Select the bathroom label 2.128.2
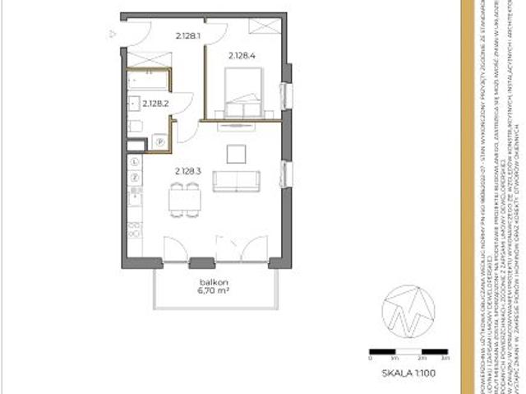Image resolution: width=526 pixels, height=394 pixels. click(155, 104)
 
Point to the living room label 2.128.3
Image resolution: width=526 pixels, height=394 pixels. click(187, 171)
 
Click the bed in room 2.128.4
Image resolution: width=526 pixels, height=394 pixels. click(243, 92)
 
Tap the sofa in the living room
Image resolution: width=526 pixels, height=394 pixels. click(237, 181)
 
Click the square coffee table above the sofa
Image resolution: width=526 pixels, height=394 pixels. click(237, 152)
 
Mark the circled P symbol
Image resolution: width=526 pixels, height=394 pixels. click(160, 142)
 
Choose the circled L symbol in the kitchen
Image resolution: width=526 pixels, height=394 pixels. click(134, 162)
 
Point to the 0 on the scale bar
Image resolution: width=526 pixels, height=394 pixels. click(371, 359)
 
